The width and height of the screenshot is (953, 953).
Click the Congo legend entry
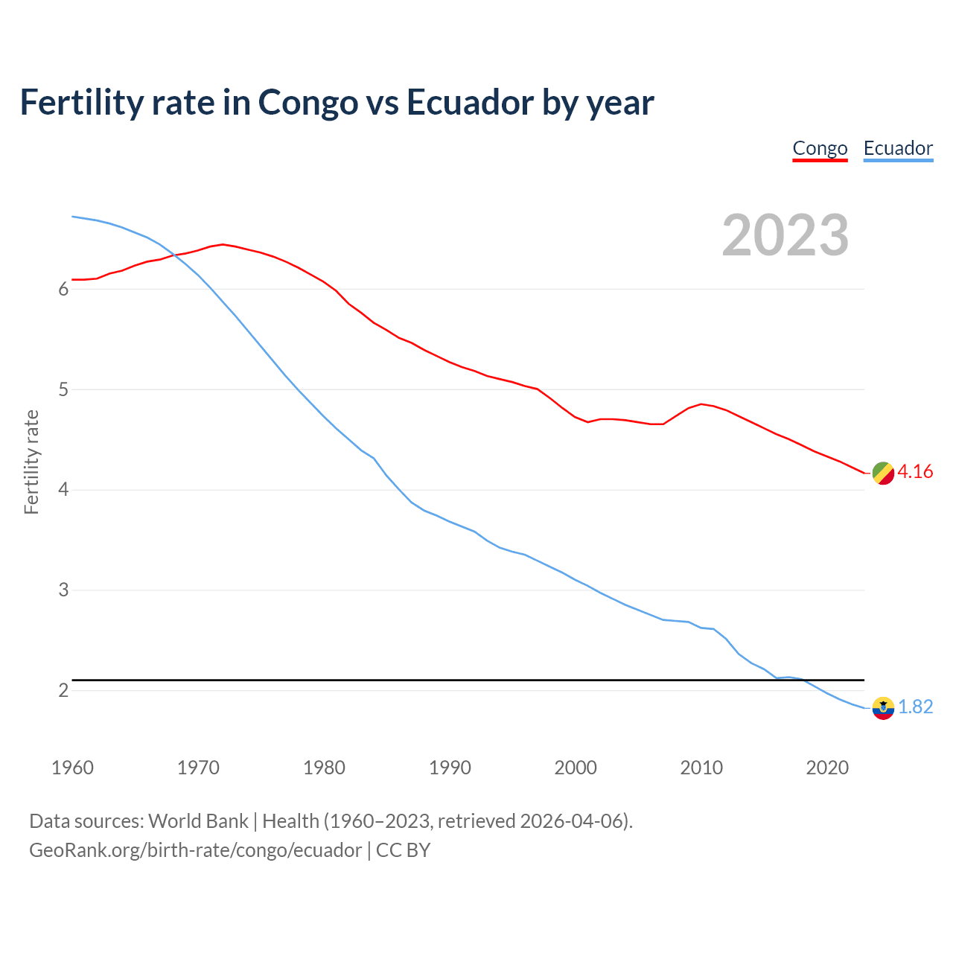(820, 148)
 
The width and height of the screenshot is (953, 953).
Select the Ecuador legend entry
(898, 148)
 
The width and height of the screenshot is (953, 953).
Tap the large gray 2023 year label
(785, 235)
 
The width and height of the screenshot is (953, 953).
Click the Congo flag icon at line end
(883, 473)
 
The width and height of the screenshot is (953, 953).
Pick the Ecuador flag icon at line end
(883, 708)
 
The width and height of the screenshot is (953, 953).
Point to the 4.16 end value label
(915, 472)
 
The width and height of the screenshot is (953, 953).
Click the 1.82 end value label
(915, 707)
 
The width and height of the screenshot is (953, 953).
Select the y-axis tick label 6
(63, 290)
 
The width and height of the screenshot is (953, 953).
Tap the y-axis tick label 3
(63, 590)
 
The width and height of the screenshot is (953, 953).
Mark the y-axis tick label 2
(63, 691)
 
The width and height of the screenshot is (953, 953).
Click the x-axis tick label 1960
(72, 768)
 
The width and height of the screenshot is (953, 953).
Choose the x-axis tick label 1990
(450, 768)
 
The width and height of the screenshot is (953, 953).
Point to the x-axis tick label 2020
(827, 768)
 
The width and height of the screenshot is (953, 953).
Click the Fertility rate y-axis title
(31, 462)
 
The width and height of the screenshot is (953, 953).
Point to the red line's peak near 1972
(223, 244)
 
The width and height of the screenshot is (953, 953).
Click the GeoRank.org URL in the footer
(195, 850)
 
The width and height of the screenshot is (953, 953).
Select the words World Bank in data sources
(198, 821)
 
